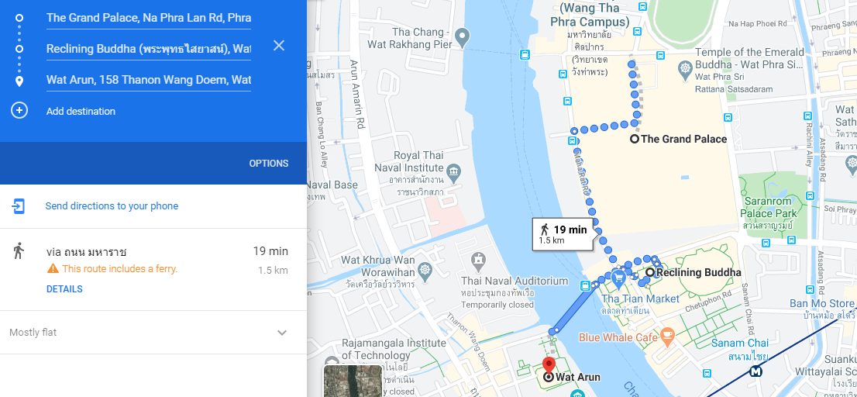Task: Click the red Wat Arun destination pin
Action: click(549, 365)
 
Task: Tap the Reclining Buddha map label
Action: click(698, 272)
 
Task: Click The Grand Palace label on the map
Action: click(684, 139)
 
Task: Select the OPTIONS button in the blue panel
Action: click(268, 164)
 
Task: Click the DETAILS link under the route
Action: click(64, 289)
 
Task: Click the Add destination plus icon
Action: click(19, 111)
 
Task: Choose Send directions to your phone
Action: click(112, 206)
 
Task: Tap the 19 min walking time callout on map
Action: click(564, 233)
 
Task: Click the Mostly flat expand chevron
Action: click(282, 333)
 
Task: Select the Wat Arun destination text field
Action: click(148, 80)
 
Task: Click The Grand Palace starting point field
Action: click(148, 17)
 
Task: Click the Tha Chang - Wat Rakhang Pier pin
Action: click(463, 36)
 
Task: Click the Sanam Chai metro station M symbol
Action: click(755, 371)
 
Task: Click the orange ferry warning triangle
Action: click(53, 269)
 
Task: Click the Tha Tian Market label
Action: click(640, 299)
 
